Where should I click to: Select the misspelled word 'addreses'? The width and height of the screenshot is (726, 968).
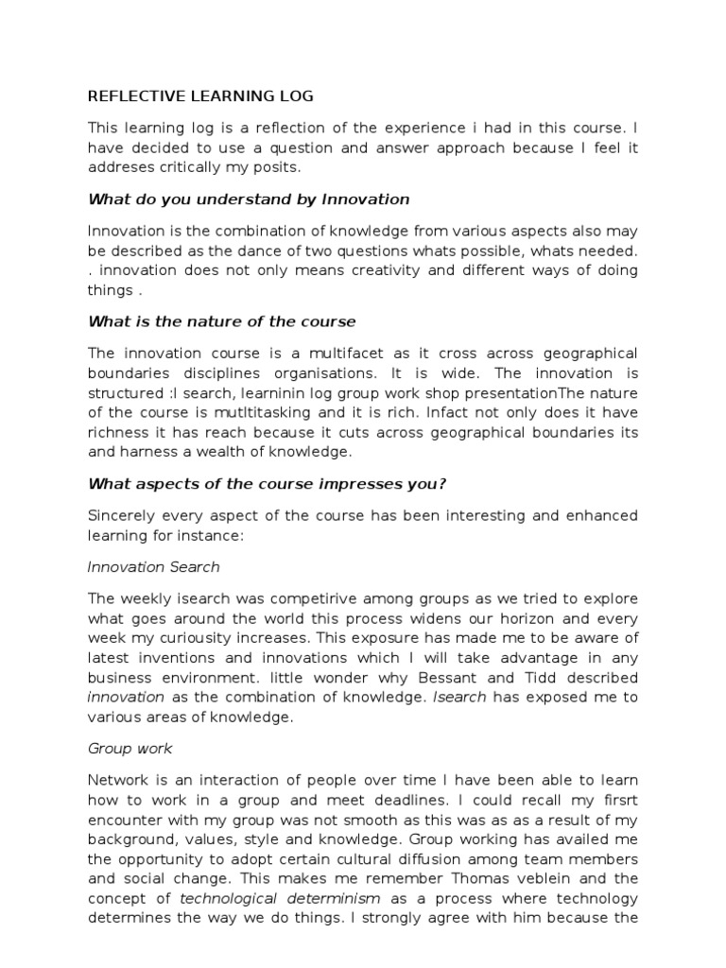click(118, 166)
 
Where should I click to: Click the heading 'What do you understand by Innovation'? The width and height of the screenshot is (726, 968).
click(249, 199)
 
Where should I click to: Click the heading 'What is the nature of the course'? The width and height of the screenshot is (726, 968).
click(221, 322)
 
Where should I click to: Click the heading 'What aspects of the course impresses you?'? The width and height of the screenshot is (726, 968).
click(267, 484)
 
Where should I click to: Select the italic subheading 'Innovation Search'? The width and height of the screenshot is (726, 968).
click(153, 567)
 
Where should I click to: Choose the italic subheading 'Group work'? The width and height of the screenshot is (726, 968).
click(130, 749)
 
